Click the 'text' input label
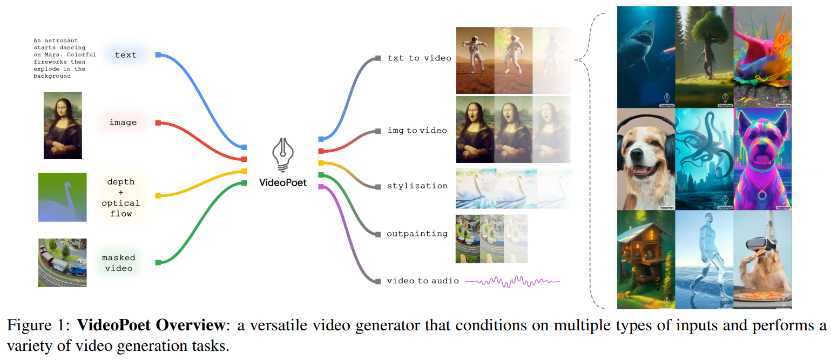click(x=125, y=55)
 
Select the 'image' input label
click(x=123, y=123)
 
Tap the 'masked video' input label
click(x=119, y=263)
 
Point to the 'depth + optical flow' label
click(x=121, y=198)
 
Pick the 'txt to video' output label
click(x=419, y=58)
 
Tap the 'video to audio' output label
click(x=423, y=281)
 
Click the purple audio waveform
click(x=512, y=281)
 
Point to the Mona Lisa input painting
click(x=63, y=125)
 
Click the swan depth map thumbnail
click(x=63, y=197)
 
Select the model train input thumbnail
click(x=63, y=263)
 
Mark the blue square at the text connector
click(x=158, y=55)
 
